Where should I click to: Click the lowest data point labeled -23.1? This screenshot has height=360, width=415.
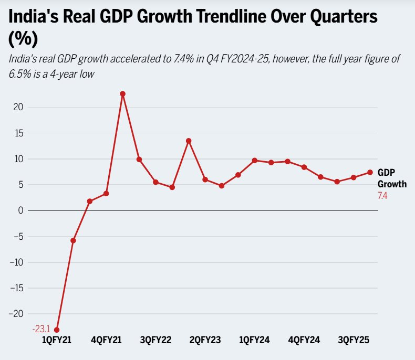(x=57, y=330)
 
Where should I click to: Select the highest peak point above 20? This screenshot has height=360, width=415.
(x=122, y=94)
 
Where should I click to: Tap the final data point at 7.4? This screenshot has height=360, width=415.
(x=370, y=172)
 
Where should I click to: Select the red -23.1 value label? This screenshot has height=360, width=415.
(x=41, y=330)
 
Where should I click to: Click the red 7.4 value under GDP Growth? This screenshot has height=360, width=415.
(x=382, y=196)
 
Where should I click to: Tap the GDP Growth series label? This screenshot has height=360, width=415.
(x=391, y=178)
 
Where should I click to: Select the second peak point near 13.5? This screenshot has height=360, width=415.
(x=188, y=141)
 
